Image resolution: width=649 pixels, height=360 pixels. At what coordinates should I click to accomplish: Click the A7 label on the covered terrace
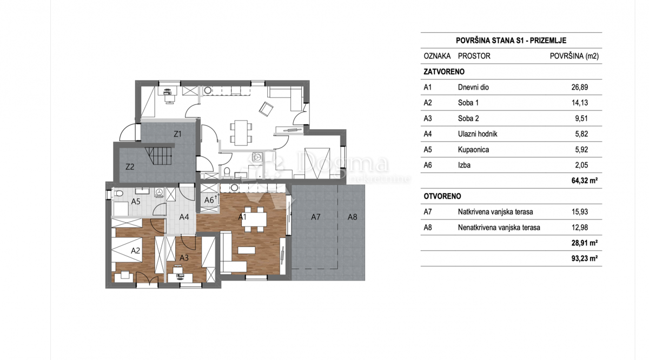pos(316,217)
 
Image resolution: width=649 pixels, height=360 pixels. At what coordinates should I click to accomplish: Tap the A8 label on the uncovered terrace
pos(352,217)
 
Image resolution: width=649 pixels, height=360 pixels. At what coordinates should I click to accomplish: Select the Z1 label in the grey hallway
pos(177,134)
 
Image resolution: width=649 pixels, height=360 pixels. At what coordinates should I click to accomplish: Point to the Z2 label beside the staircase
pos(130,167)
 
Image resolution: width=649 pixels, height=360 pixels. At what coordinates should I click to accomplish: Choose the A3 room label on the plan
pos(184,258)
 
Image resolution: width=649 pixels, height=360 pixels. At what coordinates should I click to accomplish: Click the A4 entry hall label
pos(184,217)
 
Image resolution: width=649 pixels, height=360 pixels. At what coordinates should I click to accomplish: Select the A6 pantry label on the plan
pos(209,200)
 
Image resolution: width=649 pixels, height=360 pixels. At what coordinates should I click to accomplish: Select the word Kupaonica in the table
pos(473,150)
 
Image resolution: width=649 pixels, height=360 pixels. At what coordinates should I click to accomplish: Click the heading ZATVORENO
pos(444,71)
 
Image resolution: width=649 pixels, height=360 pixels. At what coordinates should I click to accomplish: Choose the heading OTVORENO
pos(442,196)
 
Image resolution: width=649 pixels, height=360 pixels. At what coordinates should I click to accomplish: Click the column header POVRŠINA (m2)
pos(574,56)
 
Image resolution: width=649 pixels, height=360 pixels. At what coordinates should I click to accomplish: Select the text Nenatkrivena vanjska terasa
pos(499,228)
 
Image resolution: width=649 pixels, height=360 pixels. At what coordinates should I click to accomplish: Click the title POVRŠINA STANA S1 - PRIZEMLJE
pos(511,41)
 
